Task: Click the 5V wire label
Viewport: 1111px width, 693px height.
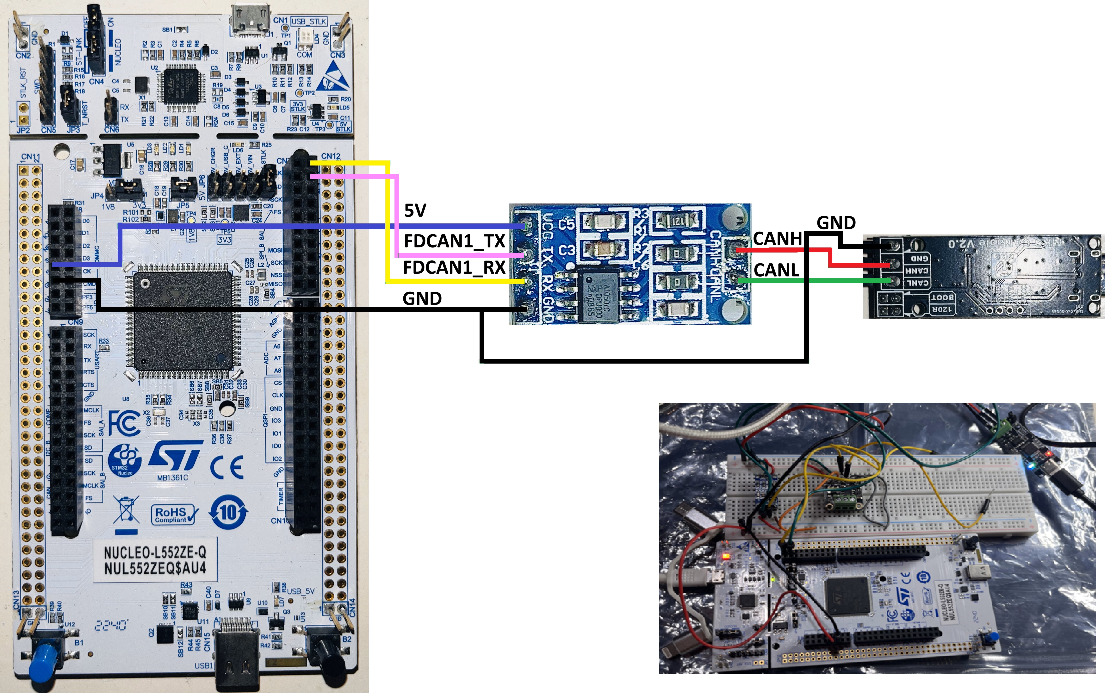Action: (x=415, y=210)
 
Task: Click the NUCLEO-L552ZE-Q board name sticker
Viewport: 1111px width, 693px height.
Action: (x=155, y=560)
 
